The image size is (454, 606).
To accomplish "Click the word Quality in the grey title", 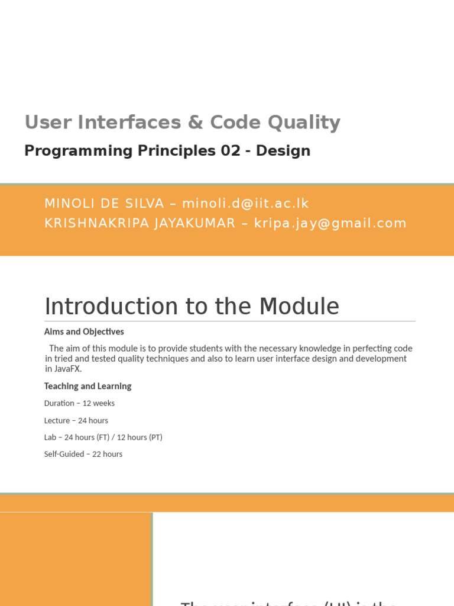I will click(304, 123).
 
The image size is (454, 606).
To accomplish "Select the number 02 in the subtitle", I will click(231, 151).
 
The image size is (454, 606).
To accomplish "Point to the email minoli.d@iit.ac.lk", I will click(245, 204).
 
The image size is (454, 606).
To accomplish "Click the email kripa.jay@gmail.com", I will click(330, 223).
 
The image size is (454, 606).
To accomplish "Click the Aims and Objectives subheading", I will click(84, 332).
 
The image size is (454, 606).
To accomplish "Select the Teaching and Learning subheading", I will click(87, 386).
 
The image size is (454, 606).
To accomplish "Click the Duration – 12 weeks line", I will click(79, 403).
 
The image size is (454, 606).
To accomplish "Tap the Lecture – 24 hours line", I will click(76, 420).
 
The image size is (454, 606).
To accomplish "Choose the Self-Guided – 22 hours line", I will click(83, 454).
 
